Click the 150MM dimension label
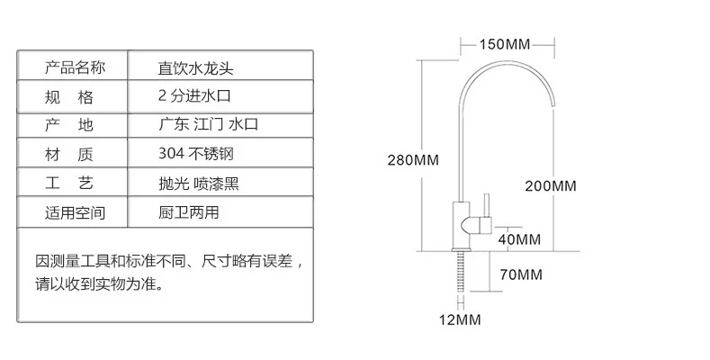505,44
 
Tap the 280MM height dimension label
413,160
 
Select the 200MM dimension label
551,185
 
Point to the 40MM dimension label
519,239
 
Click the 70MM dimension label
521,274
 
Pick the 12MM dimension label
460,319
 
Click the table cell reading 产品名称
75,67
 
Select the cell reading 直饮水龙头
195,68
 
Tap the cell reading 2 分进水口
194,95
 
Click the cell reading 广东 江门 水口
208,124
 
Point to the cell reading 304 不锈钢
196,154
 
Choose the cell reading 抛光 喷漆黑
198,184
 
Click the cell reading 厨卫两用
188,211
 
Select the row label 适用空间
75,212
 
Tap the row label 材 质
68,155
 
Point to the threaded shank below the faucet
461,272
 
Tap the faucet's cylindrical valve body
462,225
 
